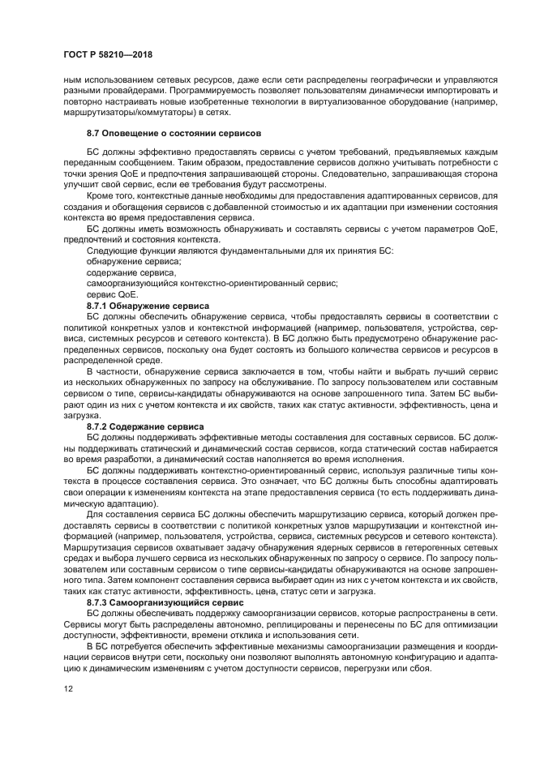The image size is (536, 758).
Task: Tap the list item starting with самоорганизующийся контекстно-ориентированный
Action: coord(211,284)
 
